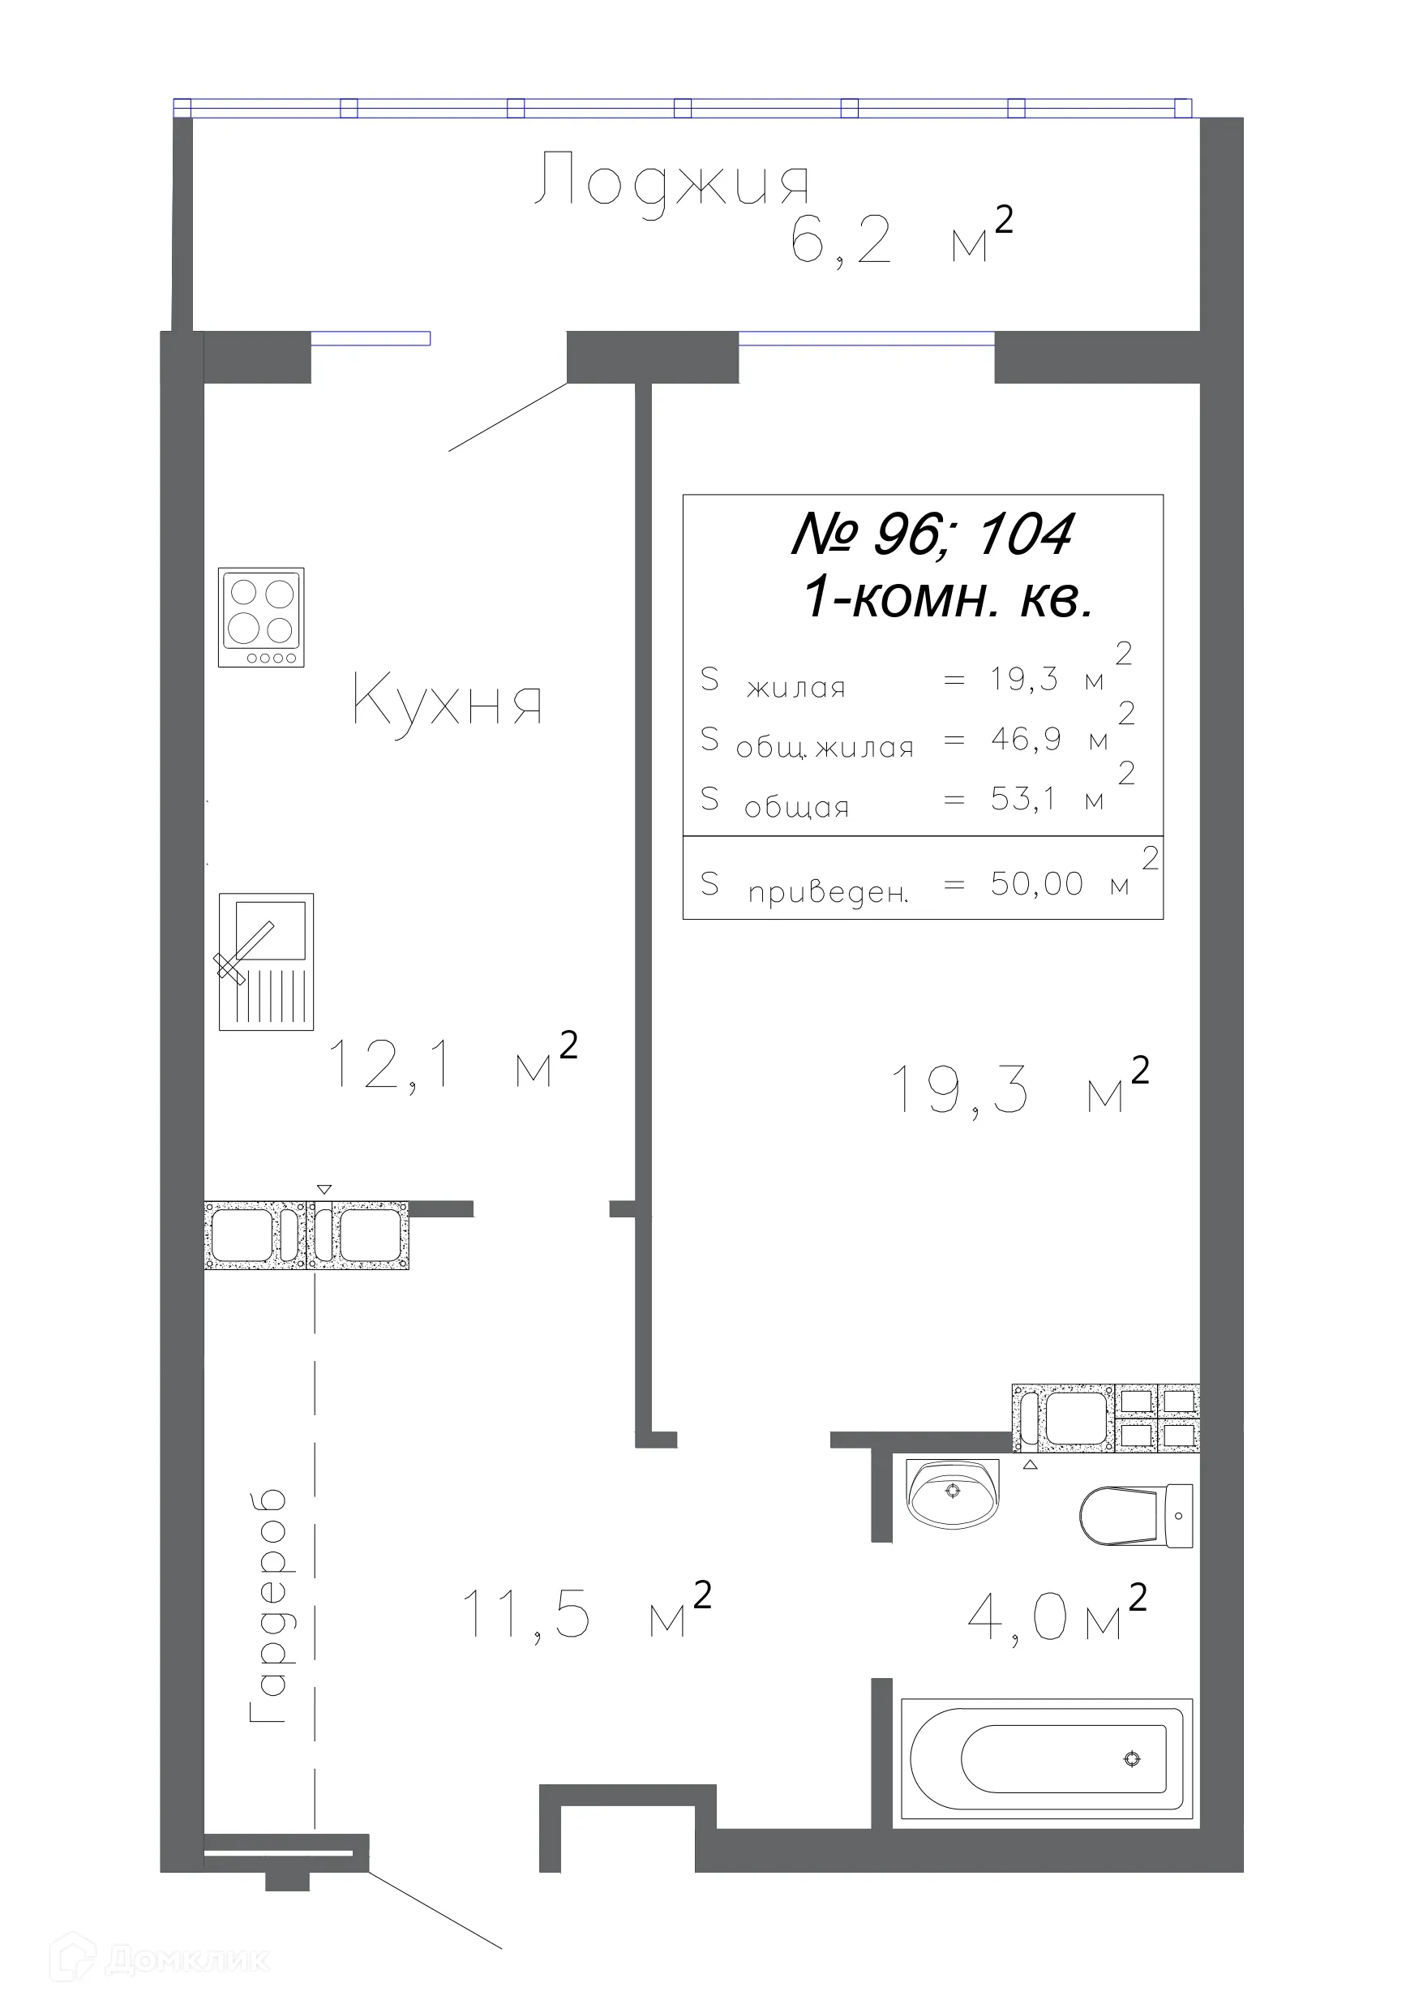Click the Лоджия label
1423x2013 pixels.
671,182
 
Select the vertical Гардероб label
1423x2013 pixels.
268,1606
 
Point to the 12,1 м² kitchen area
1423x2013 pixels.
452,1061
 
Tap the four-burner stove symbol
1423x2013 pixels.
261,617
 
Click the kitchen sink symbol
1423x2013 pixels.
265,962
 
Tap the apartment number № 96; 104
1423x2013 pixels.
931,534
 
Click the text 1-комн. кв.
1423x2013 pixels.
948,599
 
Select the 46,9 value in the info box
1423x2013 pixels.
1026,739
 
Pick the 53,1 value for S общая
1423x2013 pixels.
1023,799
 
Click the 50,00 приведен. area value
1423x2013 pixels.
1037,884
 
